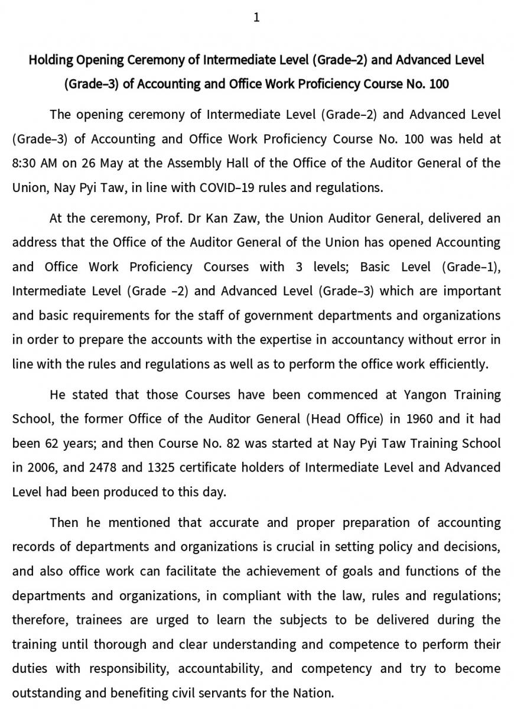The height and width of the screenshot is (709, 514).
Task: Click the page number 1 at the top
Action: click(256, 18)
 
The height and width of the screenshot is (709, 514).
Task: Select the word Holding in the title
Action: click(50, 60)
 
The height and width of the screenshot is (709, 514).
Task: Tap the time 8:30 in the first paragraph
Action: click(25, 163)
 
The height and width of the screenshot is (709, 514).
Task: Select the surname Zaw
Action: click(247, 218)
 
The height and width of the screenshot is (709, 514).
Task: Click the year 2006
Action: click(36, 467)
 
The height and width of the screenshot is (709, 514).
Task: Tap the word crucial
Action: click(294, 547)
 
